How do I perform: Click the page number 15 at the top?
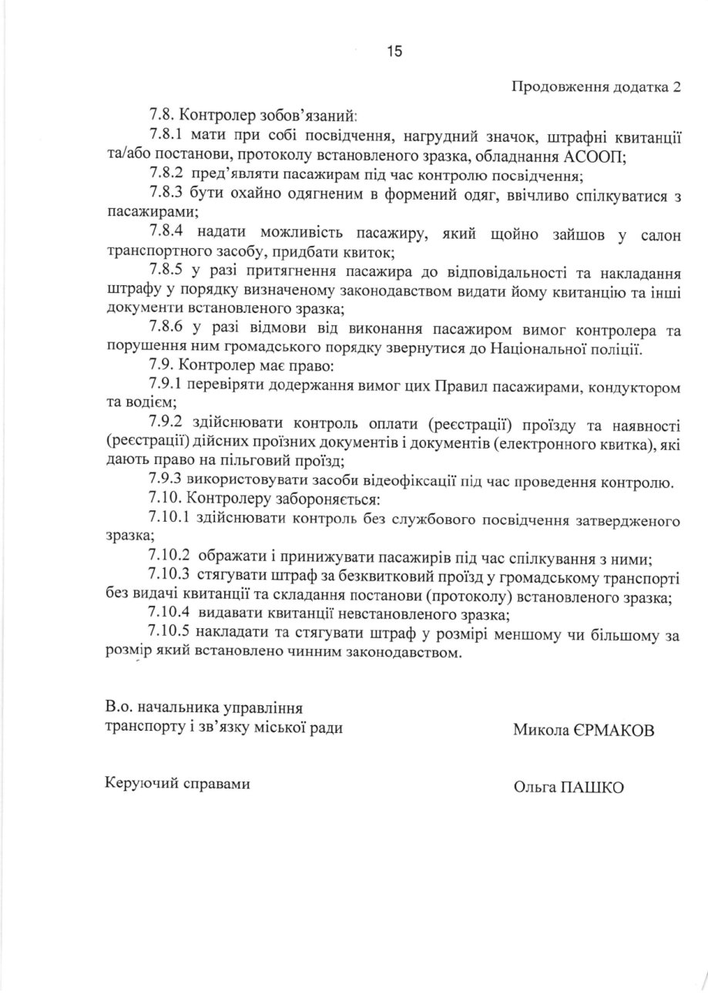pos(394,52)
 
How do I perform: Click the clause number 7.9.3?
pos(167,483)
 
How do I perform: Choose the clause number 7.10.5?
pos(171,634)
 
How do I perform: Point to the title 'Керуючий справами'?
pos(177,783)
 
